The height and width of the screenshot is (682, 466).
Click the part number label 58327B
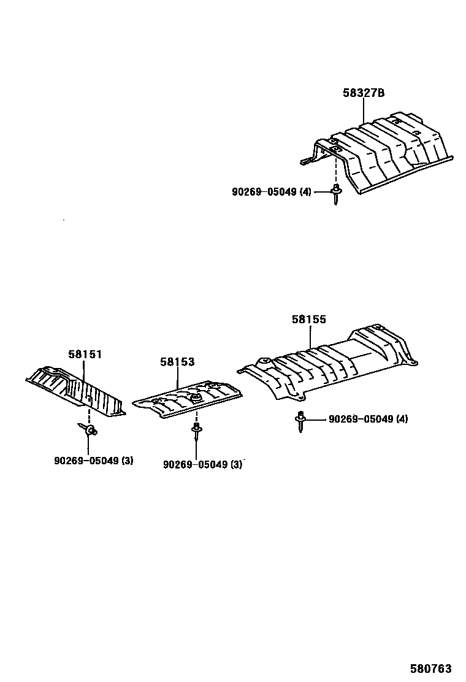[363, 93]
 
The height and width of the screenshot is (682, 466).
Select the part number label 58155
[308, 320]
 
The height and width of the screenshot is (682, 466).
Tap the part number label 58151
[85, 354]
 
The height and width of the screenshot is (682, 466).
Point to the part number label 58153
[177, 362]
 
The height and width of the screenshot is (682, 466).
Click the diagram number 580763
[431, 668]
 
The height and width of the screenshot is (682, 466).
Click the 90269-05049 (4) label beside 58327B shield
[272, 192]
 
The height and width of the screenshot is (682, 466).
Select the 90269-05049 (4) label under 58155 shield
[368, 420]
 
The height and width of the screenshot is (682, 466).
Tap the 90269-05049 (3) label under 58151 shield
[93, 461]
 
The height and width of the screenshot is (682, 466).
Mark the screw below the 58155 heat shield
[300, 422]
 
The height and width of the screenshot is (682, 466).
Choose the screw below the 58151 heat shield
[87, 430]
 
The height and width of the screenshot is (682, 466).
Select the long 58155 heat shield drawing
[331, 365]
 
